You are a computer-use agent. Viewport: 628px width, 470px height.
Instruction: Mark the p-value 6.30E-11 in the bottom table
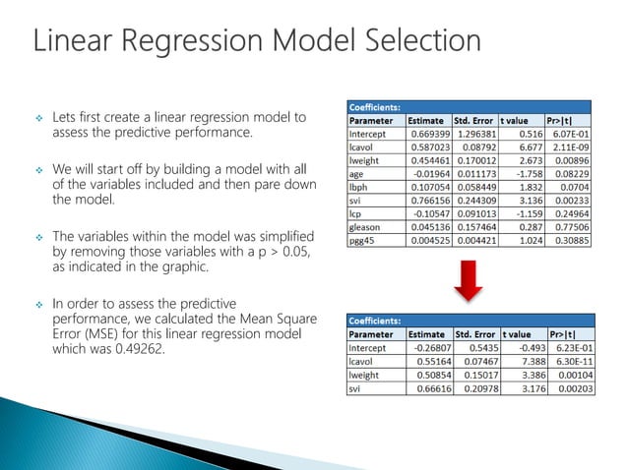[x=570, y=362]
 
